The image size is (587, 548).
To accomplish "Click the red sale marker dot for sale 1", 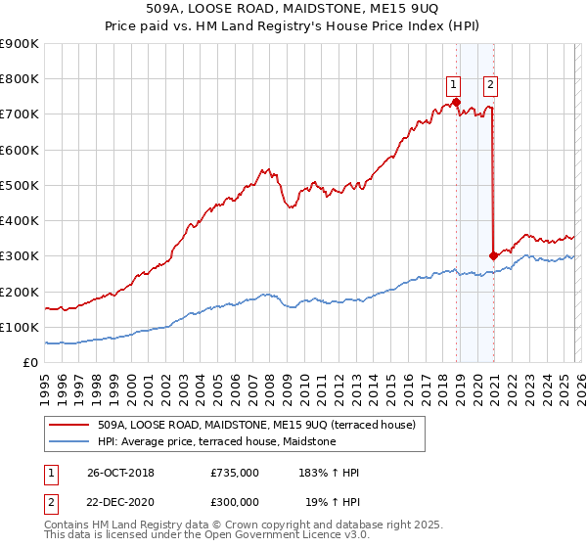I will (456, 102).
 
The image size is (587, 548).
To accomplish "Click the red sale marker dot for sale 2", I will (493, 256).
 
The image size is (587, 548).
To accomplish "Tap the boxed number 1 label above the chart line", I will (455, 84).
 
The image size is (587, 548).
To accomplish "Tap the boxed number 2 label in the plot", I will (489, 84).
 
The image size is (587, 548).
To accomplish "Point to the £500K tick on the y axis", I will (20, 185).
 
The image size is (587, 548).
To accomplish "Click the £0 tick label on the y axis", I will (31, 362).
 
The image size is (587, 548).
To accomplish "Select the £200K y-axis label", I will (20, 292).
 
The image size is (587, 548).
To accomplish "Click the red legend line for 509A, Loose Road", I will (69, 425).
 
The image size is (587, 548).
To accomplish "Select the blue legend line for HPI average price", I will (69, 441).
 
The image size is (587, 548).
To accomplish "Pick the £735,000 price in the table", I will (235, 473).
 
